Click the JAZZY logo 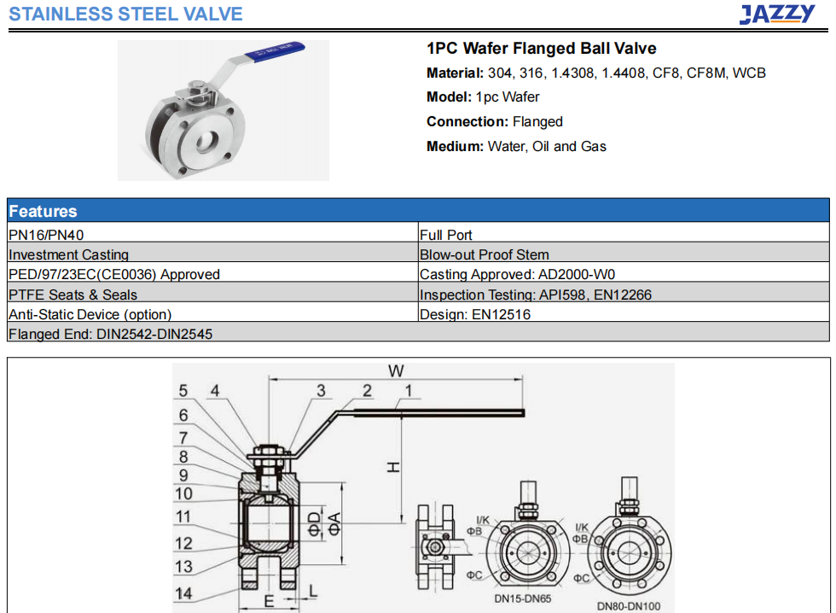pos(777,14)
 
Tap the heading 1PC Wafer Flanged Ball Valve pos(541,49)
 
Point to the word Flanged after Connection pos(537,122)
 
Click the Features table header pos(418,211)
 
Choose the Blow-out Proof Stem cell pos(624,253)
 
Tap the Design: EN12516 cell pos(624,312)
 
